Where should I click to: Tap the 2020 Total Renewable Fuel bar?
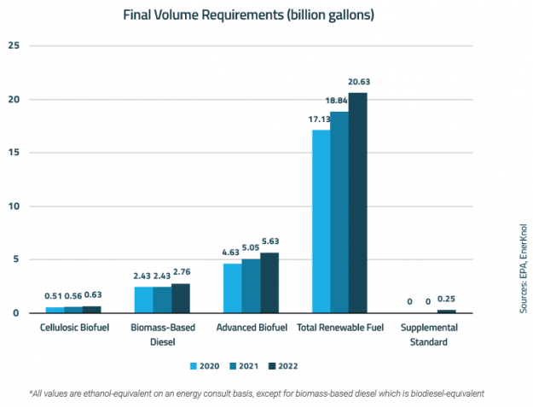[321, 222]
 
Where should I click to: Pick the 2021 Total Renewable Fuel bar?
[339, 212]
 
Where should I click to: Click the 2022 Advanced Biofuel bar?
[269, 282]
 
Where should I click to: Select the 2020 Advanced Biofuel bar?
[232, 288]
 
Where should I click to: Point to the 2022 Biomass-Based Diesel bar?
[180, 298]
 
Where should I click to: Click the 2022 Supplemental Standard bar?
[446, 311]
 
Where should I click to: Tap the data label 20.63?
[358, 82]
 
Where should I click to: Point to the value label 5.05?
[251, 248]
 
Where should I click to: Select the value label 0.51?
[55, 296]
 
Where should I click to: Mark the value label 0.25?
[446, 299]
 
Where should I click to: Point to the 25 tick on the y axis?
[14, 45]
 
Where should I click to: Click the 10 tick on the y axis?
[14, 206]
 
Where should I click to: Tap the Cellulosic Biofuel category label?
[73, 328]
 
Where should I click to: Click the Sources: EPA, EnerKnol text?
[523, 268]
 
